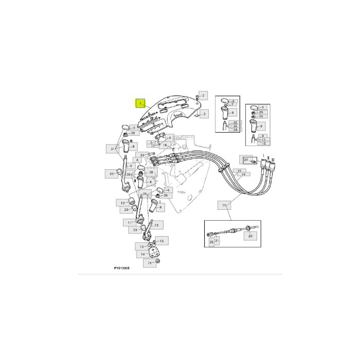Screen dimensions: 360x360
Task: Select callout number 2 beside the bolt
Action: coord(203,96)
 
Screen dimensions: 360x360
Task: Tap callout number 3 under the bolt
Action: coord(204,113)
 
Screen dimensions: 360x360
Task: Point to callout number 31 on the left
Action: coord(113,149)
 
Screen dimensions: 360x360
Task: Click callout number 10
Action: coord(123,203)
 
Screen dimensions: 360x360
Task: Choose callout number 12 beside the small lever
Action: coord(156,225)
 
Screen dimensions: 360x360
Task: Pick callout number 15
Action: coord(161,241)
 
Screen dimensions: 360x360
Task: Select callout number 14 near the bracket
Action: coord(143,254)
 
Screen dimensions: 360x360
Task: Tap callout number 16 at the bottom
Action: coord(150,263)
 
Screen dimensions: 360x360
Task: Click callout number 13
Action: coord(142,247)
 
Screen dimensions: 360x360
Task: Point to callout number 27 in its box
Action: coord(246,160)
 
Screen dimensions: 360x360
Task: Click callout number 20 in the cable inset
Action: coord(250,237)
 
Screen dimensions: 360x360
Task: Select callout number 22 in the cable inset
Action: coord(210,241)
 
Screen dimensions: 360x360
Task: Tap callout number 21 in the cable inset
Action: coord(217,241)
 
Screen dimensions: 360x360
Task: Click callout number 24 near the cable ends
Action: coord(142,155)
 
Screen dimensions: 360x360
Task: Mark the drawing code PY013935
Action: coord(121,268)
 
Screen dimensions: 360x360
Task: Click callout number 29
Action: coord(145,194)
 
